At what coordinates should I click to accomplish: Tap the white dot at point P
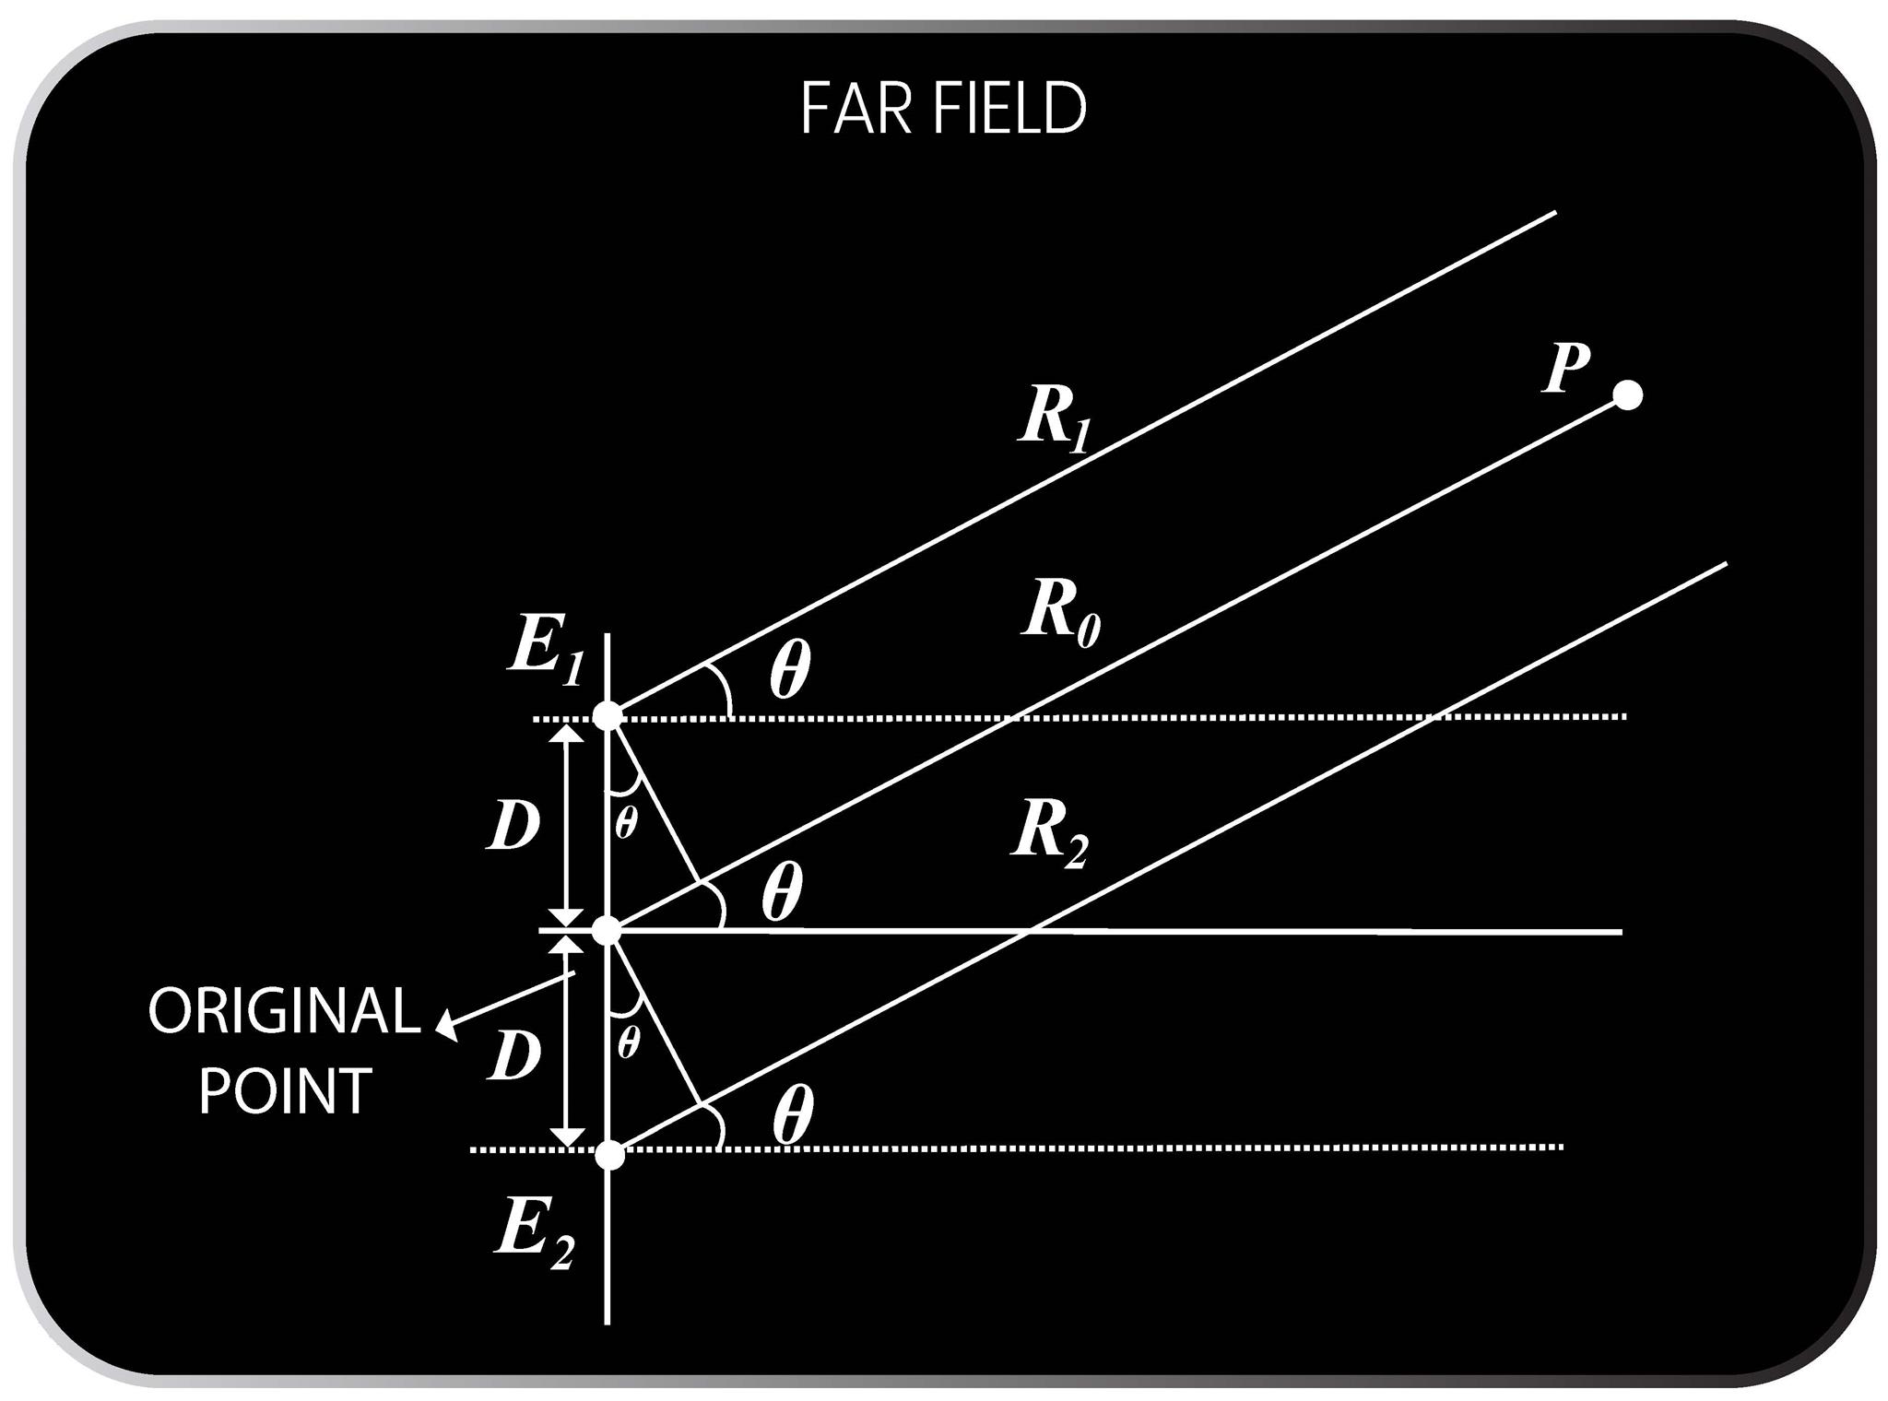point(1627,394)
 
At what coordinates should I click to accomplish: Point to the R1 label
point(1054,418)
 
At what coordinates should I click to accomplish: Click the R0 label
point(1060,612)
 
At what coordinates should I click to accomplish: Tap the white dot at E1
point(608,715)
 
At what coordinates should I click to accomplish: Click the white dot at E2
point(609,1154)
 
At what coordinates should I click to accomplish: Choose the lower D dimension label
point(513,1054)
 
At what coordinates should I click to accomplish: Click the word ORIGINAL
point(284,1011)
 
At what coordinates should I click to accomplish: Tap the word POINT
point(285,1091)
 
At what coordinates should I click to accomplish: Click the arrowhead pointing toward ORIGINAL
point(446,1026)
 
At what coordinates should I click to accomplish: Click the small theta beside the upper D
point(625,822)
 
